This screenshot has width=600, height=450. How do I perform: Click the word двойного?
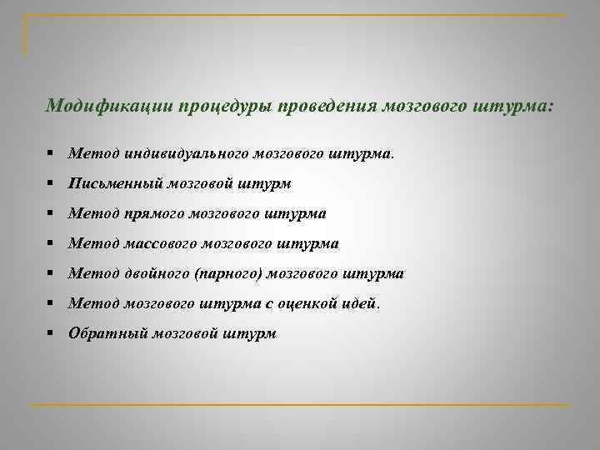click(x=157, y=274)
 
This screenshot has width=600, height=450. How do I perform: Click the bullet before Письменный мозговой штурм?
click(x=51, y=183)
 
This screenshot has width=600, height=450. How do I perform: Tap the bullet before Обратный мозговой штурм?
click(x=51, y=333)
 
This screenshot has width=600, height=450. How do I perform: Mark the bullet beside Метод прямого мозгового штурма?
click(x=51, y=213)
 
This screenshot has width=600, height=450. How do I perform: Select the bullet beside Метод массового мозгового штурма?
click(x=51, y=243)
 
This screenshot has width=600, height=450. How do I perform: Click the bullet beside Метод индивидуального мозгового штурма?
click(x=51, y=153)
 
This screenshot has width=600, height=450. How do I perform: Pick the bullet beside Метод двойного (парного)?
click(x=51, y=273)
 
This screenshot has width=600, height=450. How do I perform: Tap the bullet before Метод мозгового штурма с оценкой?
click(x=51, y=303)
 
